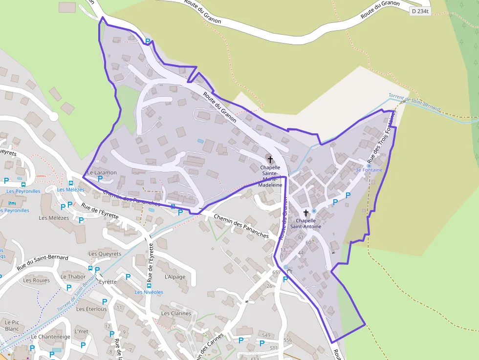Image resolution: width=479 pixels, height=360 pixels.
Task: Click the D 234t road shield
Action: [x=420, y=11]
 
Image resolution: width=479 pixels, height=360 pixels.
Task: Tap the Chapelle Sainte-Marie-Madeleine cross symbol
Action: [x=270, y=159]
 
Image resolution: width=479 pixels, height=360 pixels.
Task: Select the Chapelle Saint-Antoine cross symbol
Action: [x=306, y=213]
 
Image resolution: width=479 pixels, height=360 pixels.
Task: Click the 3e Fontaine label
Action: [x=369, y=170]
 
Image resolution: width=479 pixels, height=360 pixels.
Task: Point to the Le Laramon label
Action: [x=102, y=172]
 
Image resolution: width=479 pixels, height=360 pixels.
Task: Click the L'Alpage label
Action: [x=175, y=277]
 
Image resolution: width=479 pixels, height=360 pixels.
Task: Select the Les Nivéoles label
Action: [x=149, y=292]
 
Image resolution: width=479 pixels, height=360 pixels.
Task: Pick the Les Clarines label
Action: [x=175, y=314]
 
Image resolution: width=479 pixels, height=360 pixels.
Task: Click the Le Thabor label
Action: [x=73, y=276]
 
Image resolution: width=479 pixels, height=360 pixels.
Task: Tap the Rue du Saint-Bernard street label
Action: [x=43, y=262]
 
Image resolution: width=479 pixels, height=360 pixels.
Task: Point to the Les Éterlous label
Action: [x=91, y=309]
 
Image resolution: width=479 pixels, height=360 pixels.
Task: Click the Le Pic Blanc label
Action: [x=12, y=325]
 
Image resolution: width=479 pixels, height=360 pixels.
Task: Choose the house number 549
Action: [x=265, y=335]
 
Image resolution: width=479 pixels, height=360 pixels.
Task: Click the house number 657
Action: [x=277, y=272]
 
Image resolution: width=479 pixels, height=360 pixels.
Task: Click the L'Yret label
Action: [x=81, y=331]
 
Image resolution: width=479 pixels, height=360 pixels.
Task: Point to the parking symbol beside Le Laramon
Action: [x=100, y=179]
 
